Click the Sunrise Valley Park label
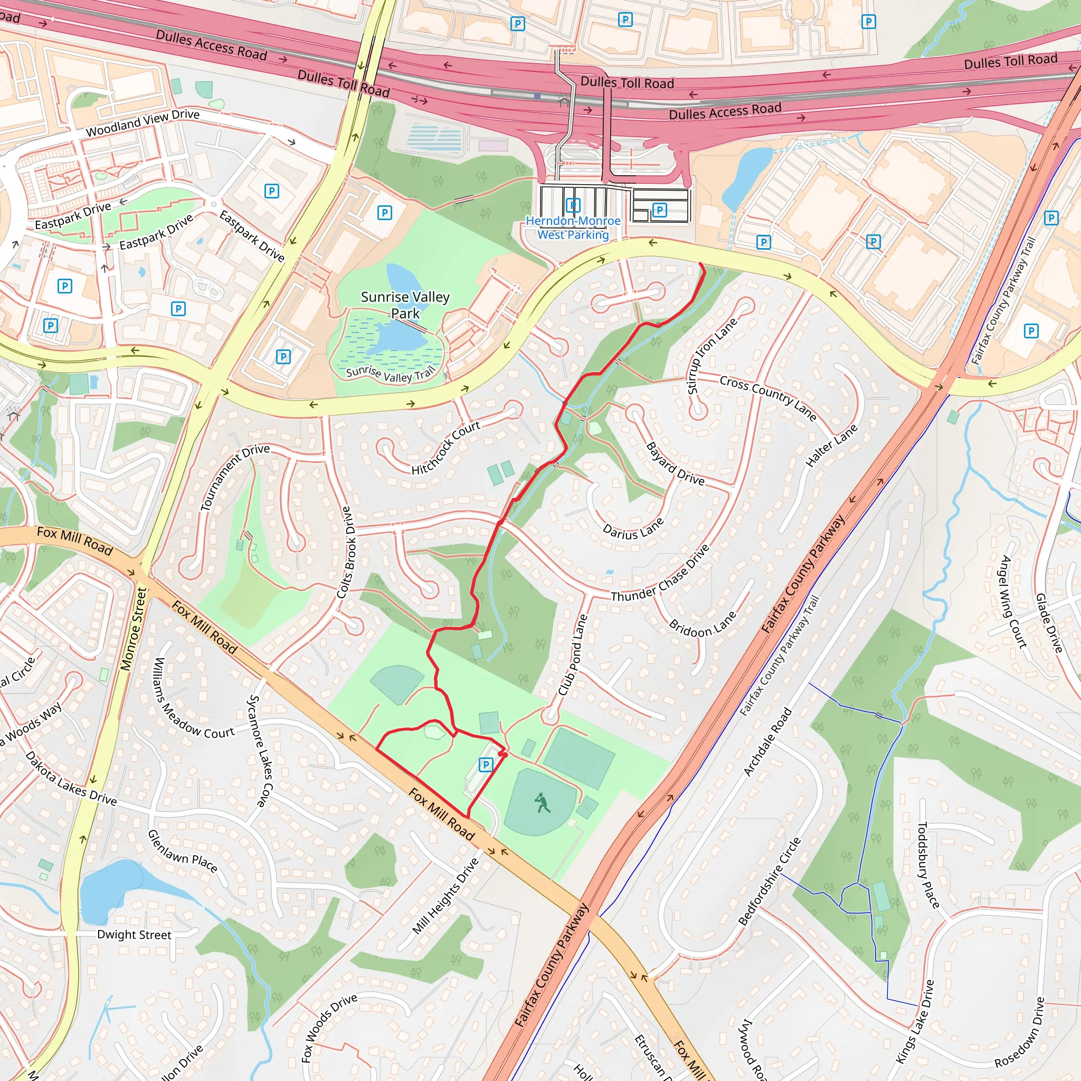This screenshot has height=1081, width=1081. point(405,305)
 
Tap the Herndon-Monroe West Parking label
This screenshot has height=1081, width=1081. point(573,227)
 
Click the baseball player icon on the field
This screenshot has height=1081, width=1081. point(542,803)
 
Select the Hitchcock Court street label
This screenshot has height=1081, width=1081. point(446,448)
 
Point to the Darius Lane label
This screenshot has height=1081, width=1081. point(633,529)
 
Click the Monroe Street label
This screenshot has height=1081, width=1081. point(133,629)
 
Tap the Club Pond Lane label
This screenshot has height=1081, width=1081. point(573,655)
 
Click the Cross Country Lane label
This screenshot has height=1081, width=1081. point(767,398)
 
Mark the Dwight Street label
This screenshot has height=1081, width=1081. point(134,935)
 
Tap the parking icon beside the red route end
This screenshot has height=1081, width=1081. point(486,764)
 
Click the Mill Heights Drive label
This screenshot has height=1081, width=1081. point(445,896)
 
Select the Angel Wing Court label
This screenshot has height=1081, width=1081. point(1014,602)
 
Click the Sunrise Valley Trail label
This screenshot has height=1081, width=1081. point(390,374)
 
